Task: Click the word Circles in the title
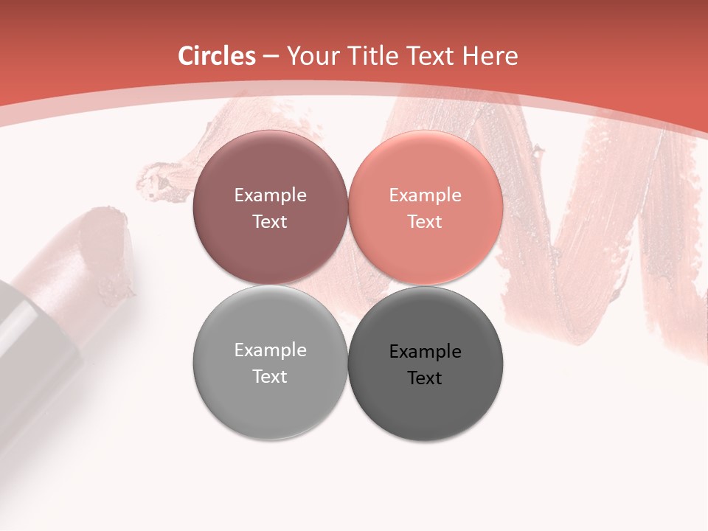click(x=217, y=56)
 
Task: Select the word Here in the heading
click(x=492, y=56)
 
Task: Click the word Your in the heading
click(x=311, y=56)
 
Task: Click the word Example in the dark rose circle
click(x=270, y=195)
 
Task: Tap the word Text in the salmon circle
click(x=425, y=222)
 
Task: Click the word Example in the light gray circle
click(x=270, y=350)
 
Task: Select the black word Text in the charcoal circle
click(x=425, y=378)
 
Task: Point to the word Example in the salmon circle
click(x=425, y=195)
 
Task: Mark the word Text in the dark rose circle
click(x=270, y=222)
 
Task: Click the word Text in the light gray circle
click(x=270, y=377)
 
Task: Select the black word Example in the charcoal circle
click(x=425, y=352)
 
